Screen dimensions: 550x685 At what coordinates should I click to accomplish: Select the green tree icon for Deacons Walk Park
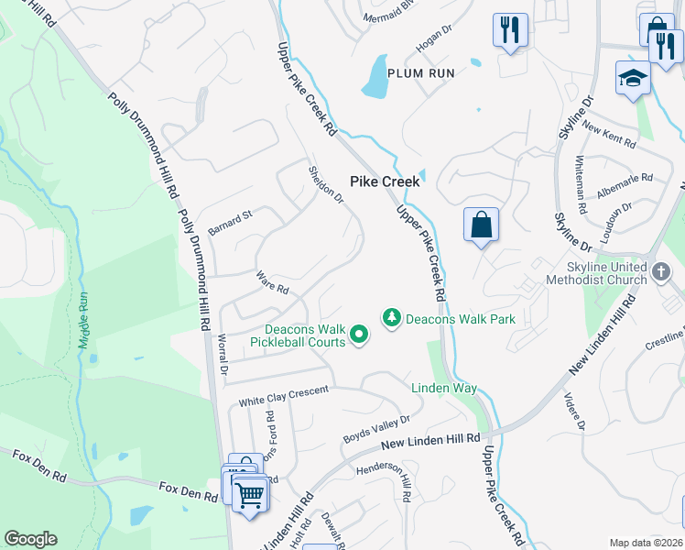click(392, 317)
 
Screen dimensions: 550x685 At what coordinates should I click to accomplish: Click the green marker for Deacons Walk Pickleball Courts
click(359, 337)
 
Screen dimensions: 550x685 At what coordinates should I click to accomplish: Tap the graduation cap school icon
click(633, 80)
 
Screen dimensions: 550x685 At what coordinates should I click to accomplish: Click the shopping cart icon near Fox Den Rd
click(249, 496)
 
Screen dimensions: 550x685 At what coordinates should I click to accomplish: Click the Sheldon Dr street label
click(325, 183)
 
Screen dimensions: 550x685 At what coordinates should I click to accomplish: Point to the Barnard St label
click(229, 221)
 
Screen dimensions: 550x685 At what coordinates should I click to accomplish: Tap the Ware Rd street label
click(273, 282)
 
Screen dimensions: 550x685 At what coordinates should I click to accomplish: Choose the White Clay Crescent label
click(283, 397)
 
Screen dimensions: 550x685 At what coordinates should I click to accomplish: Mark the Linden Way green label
click(443, 389)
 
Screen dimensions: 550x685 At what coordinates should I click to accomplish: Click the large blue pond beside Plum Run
click(375, 77)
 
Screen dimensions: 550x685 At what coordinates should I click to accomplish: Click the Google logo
click(30, 539)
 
